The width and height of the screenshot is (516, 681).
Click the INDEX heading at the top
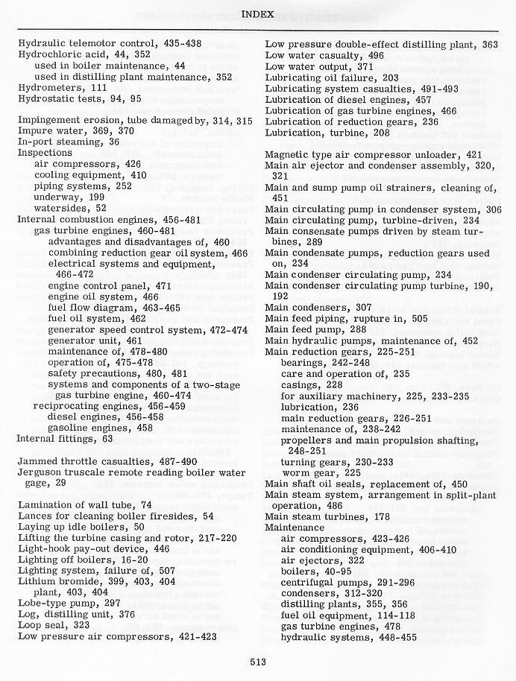coord(258,14)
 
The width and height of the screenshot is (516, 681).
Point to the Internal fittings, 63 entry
coord(65,439)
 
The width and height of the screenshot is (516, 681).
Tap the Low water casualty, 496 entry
coord(324,55)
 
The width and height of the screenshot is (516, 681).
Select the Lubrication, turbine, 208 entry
coord(327,131)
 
